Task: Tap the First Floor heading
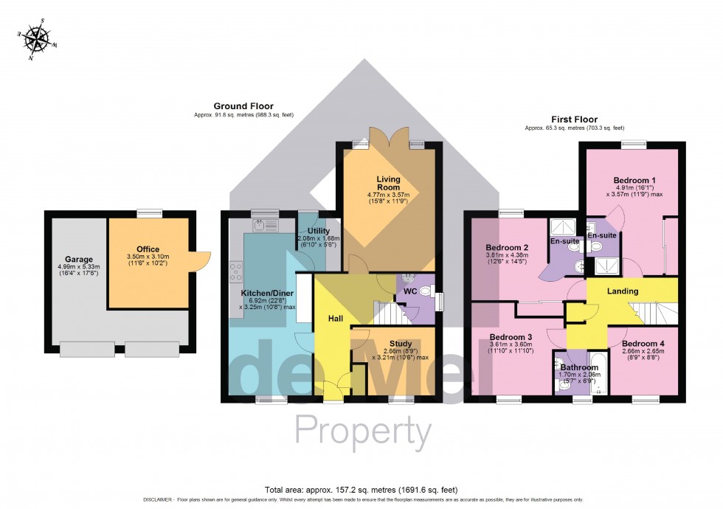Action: click(x=574, y=119)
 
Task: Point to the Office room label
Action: click(x=148, y=249)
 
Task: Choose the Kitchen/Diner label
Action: click(x=266, y=292)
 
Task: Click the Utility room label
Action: click(x=319, y=231)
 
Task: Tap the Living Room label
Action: click(x=388, y=183)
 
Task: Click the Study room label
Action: click(x=391, y=343)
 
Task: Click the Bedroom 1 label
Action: click(x=634, y=180)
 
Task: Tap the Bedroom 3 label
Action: click(x=511, y=339)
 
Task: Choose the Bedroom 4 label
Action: click(x=643, y=343)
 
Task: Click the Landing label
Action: click(x=623, y=291)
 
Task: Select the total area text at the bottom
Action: click(x=361, y=489)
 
